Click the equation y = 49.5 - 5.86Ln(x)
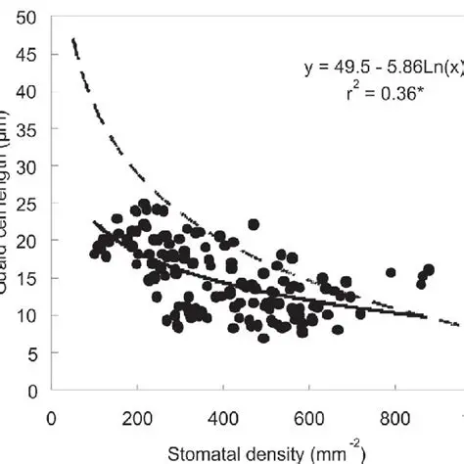(381, 69)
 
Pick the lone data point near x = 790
(391, 272)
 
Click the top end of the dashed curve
(73, 40)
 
